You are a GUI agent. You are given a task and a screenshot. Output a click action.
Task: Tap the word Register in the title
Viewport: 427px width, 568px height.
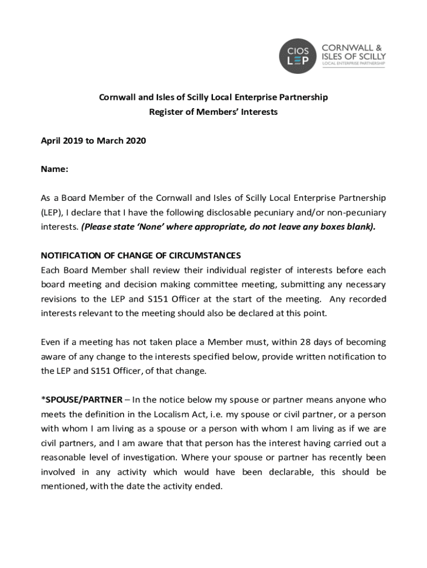pyautogui.click(x=165, y=112)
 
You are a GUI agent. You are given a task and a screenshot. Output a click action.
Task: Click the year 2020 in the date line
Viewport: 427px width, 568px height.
pyautogui.click(x=135, y=141)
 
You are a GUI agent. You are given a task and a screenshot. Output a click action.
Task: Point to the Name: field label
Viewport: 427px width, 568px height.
pyautogui.click(x=54, y=170)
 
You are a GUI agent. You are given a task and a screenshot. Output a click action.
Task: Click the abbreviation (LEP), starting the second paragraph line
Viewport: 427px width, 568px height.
pyautogui.click(x=53, y=213)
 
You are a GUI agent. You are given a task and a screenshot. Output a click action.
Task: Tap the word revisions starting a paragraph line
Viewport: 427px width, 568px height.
pyautogui.click(x=60, y=299)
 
